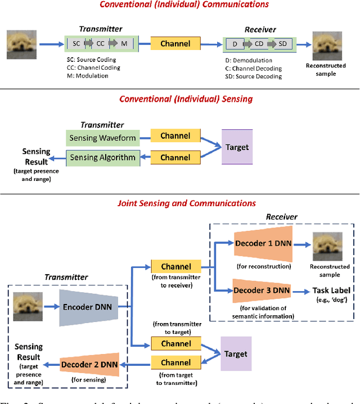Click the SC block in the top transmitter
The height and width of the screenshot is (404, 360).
76,43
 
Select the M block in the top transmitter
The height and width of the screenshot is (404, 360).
125,43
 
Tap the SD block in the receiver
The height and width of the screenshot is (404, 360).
282,43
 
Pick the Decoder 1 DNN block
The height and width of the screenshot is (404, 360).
261,245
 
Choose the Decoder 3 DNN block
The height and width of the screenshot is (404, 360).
261,290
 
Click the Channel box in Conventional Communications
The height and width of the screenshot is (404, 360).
175,44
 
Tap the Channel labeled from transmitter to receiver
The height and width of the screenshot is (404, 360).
175,267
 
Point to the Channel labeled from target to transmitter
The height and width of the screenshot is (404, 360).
175,363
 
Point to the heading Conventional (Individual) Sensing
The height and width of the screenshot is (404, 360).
186,99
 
